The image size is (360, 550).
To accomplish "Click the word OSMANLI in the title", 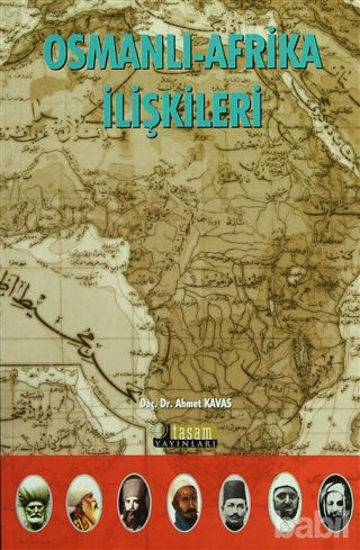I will point(109,56).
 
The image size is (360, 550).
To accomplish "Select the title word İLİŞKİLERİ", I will point(182,106).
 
